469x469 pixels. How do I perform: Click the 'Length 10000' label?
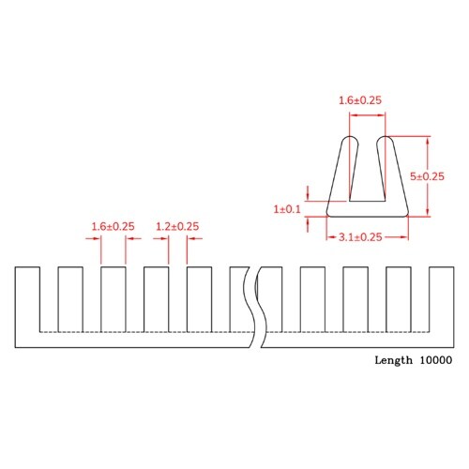coord(413,360)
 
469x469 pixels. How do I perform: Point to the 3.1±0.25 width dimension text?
coord(360,237)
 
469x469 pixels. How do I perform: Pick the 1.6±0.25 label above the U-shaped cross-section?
coord(360,99)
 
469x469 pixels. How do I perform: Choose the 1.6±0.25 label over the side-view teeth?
coord(113,226)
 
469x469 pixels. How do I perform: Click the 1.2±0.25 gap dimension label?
coord(176,226)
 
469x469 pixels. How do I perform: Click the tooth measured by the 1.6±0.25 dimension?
coord(113,298)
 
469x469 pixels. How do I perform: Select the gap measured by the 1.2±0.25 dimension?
coord(177,298)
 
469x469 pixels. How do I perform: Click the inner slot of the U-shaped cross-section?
coord(366,174)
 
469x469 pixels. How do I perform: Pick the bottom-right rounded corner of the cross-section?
coord(405,212)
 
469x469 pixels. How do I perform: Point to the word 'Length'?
coord(393,360)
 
